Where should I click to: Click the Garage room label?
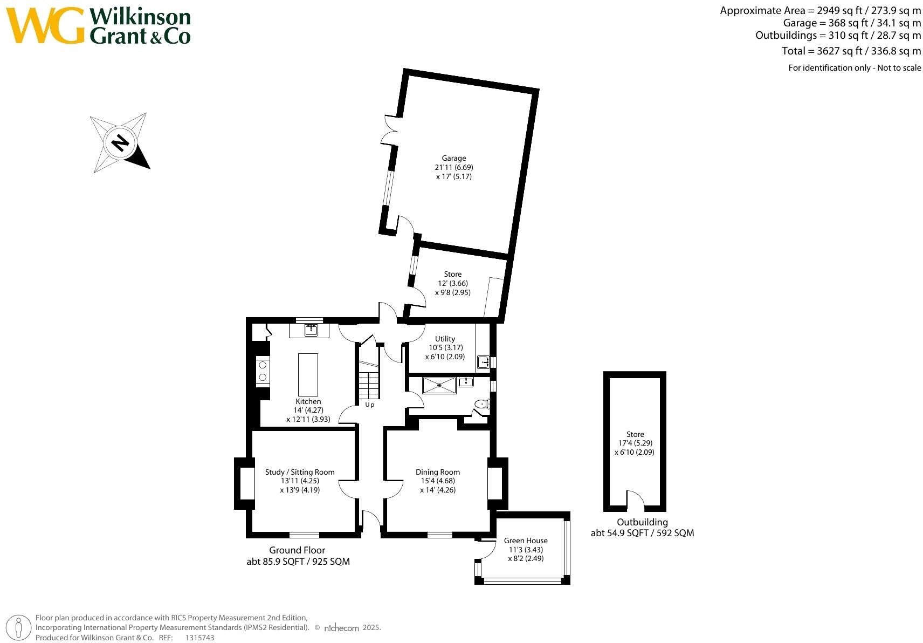click(453, 159)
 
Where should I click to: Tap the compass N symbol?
click(120, 143)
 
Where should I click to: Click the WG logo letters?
click(45, 26)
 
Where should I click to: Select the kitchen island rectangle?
click(308, 374)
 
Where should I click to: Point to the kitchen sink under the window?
click(311, 330)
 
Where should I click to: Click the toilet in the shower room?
click(481, 404)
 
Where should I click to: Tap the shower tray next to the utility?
click(439, 385)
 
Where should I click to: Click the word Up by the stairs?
click(369, 405)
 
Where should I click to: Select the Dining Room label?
click(437, 472)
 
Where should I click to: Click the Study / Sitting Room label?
click(300, 472)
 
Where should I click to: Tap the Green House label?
click(526, 541)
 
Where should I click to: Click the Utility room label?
click(445, 339)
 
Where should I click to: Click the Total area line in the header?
click(851, 51)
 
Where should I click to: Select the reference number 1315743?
click(199, 638)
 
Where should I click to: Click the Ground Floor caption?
click(297, 550)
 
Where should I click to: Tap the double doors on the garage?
click(389, 130)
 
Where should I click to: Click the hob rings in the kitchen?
click(263, 371)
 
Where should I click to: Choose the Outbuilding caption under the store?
click(642, 522)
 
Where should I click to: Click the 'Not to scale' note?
click(899, 68)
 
